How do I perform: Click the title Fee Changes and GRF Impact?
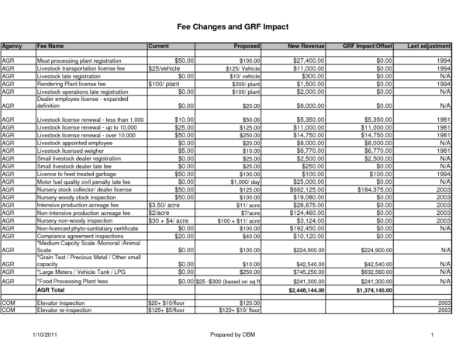[233, 26]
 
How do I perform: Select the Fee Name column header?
[50, 47]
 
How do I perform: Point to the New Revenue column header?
[305, 47]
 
